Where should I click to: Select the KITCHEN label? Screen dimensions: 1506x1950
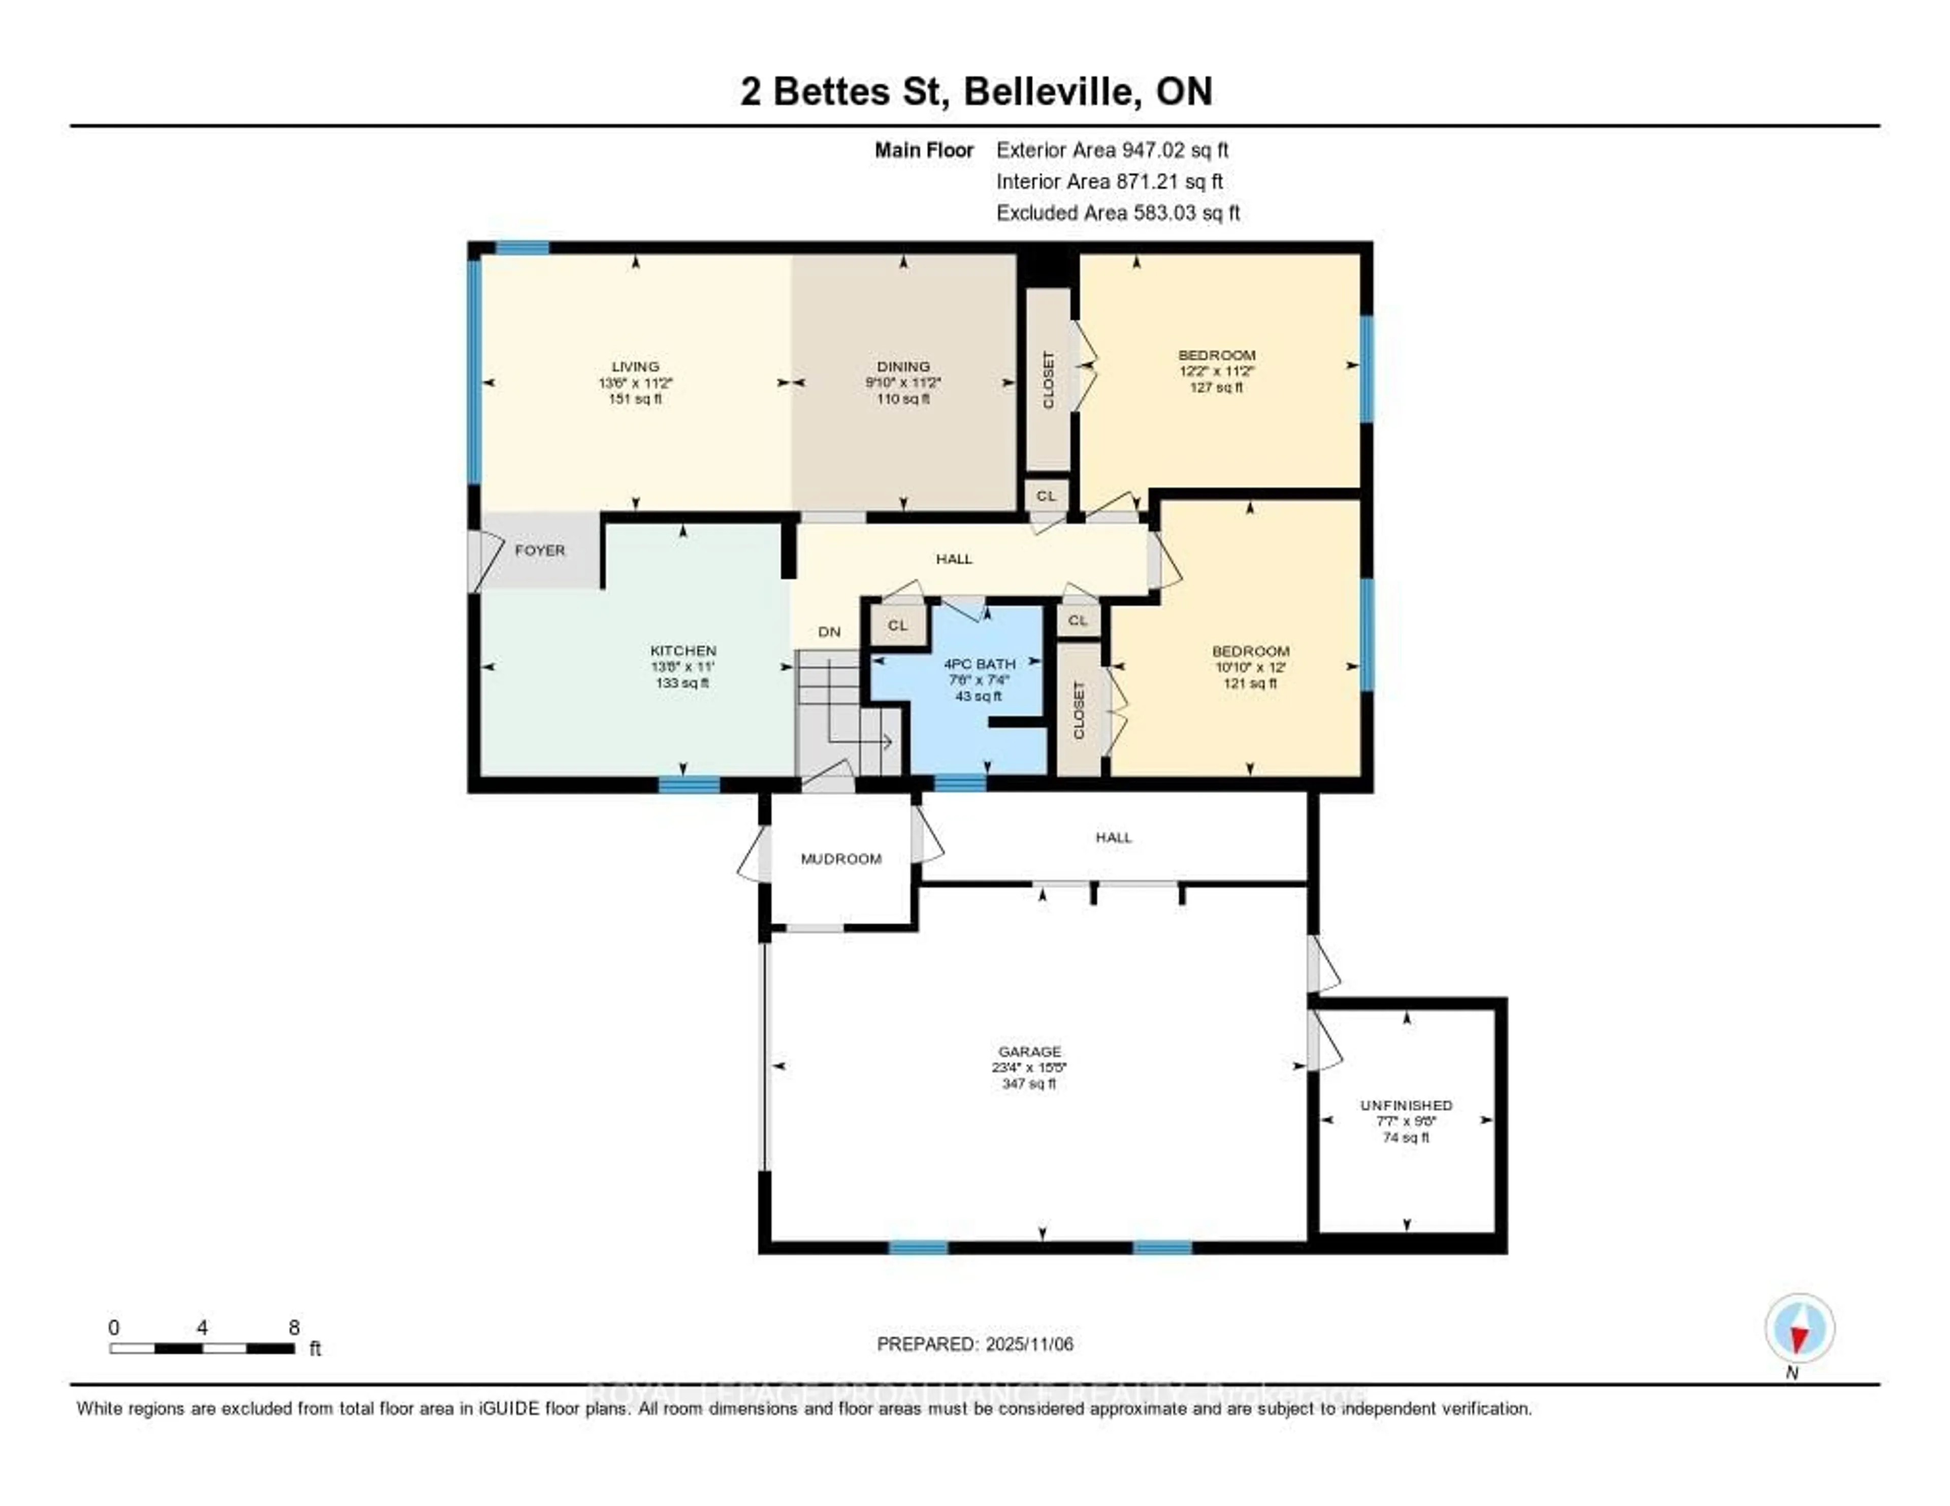(683, 651)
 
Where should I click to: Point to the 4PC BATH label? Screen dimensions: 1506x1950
(980, 664)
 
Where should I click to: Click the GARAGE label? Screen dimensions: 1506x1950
(1029, 1052)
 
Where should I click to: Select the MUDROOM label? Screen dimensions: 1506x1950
(840, 859)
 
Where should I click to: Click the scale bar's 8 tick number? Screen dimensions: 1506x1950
(294, 1327)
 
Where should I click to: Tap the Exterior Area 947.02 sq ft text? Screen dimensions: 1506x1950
(1112, 150)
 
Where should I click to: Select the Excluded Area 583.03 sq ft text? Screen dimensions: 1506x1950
(1118, 212)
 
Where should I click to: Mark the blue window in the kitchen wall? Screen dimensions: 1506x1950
(689, 784)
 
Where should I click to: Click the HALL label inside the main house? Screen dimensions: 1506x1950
(954, 559)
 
